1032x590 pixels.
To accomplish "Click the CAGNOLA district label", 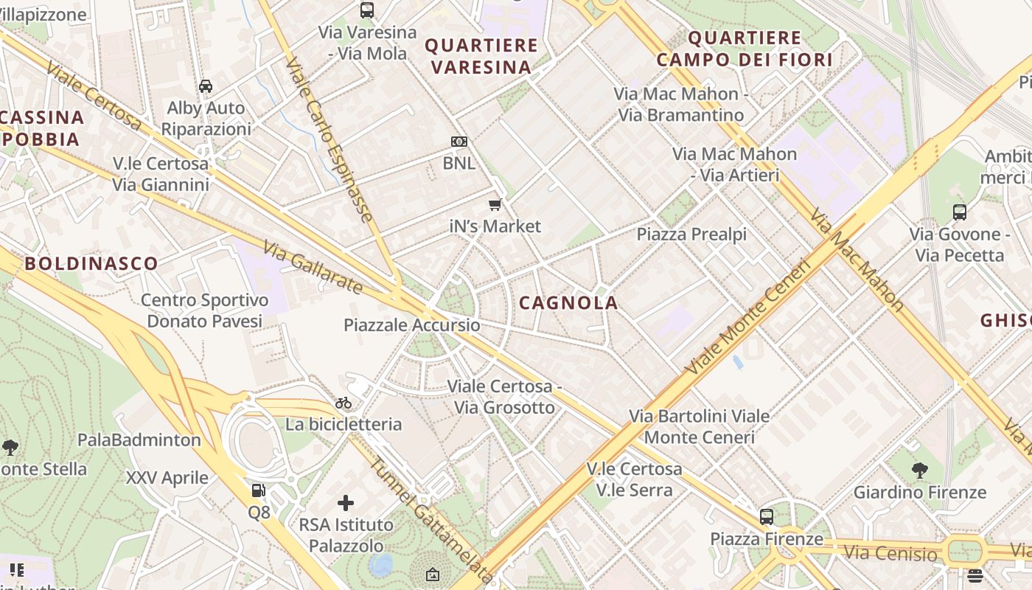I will (568, 303).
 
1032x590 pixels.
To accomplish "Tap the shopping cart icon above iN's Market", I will (495, 204).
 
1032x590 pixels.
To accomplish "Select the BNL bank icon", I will (459, 142).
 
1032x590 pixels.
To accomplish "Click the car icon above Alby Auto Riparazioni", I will (206, 86).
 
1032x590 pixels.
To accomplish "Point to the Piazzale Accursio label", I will (411, 325).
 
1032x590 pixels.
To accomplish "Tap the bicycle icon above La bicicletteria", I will (344, 403).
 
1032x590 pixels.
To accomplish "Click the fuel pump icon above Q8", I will (258, 490).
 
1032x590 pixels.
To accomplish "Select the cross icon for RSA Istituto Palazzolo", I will (346, 504).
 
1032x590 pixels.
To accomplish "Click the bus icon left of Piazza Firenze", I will (767, 517).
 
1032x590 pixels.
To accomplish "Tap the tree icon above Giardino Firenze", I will (919, 470).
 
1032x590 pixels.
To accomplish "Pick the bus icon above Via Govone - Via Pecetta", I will (959, 212).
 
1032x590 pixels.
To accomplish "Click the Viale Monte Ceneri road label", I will (747, 316).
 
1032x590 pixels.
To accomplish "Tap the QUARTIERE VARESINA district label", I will (481, 56).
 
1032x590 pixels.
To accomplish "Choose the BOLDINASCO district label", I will (91, 263).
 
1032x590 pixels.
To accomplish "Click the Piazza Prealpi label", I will (691, 235).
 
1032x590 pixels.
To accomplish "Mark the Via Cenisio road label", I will (890, 552).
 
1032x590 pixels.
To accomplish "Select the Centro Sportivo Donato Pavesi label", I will (204, 310).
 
